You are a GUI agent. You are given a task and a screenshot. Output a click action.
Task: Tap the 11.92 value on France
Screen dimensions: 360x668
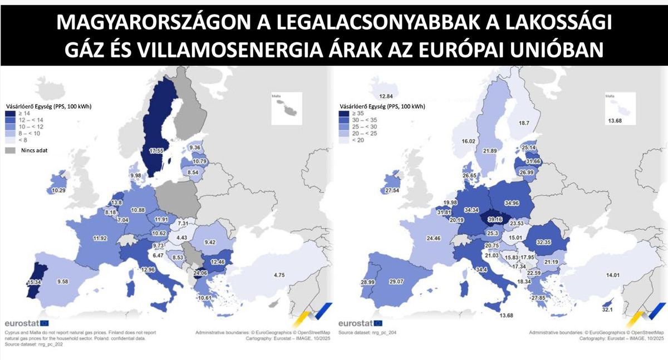click(x=100, y=239)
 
